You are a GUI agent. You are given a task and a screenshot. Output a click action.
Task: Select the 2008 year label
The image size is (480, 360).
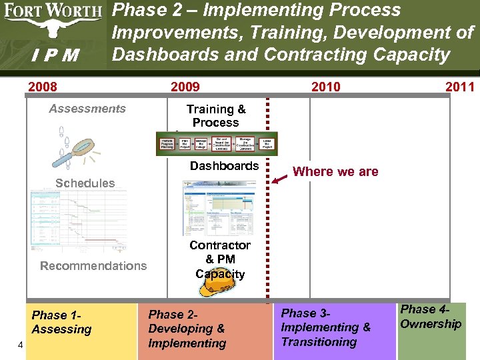pyautogui.click(x=42, y=87)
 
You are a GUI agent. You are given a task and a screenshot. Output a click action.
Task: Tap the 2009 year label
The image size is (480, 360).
pyautogui.click(x=185, y=87)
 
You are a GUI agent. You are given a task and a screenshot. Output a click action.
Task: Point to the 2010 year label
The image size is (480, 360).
pyautogui.click(x=325, y=87)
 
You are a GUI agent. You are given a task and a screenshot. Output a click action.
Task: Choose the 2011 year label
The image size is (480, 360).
pyautogui.click(x=460, y=87)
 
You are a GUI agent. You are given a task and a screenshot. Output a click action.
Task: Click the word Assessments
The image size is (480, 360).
pyautogui.click(x=87, y=109)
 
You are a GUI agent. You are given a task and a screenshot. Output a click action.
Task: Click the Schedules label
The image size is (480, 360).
pyautogui.click(x=85, y=183)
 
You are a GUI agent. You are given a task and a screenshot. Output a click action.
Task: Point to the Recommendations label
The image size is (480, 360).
pyautogui.click(x=93, y=266)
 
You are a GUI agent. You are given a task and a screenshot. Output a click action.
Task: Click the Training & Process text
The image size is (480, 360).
pyautogui.click(x=215, y=116)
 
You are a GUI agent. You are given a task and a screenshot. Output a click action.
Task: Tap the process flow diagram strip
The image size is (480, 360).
pyautogui.click(x=216, y=143)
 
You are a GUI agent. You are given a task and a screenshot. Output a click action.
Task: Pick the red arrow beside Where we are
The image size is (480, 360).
pyautogui.click(x=283, y=175)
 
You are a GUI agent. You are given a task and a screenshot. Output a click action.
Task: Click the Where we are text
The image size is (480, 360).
pyautogui.click(x=335, y=172)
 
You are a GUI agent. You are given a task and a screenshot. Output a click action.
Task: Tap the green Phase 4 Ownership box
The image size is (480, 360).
pyautogui.click(x=431, y=330)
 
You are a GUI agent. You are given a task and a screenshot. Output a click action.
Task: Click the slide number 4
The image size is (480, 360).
pyautogui.click(x=21, y=345)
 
